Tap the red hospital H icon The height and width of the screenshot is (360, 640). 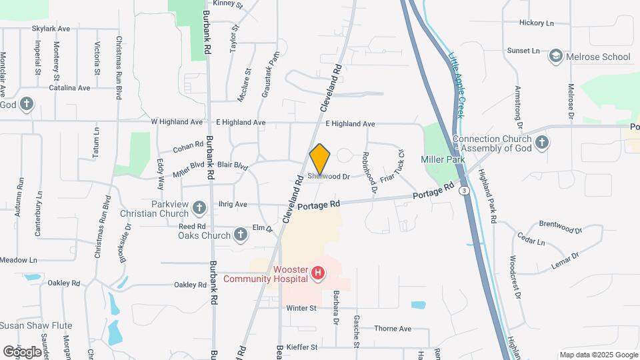318,273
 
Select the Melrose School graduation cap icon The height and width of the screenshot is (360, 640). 555,57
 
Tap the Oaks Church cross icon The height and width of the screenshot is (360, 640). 241,234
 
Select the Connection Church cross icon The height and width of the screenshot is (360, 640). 542,142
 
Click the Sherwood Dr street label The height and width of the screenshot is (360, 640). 329,177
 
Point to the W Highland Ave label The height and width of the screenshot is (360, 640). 177,122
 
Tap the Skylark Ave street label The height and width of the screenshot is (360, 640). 51,29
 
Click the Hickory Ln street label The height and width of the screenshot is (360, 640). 537,23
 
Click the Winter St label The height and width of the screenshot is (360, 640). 301,308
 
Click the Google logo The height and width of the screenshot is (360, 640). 22,351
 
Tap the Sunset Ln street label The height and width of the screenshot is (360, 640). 523,51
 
